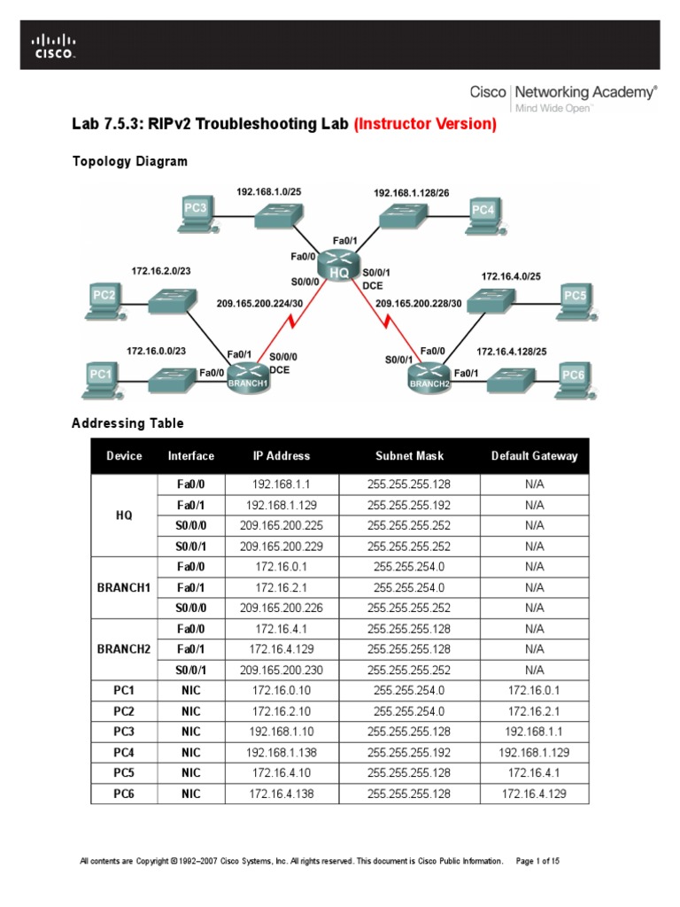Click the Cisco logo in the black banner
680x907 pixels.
(x=54, y=45)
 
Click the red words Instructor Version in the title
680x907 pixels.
(x=425, y=124)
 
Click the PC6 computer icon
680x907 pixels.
(x=574, y=379)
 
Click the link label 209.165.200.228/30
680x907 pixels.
(x=419, y=304)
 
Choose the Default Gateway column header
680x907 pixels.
(x=534, y=456)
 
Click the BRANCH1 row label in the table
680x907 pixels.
(x=124, y=586)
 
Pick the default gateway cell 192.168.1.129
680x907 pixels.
(x=534, y=752)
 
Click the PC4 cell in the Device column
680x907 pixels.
(x=124, y=752)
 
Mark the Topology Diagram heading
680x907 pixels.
(x=129, y=161)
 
